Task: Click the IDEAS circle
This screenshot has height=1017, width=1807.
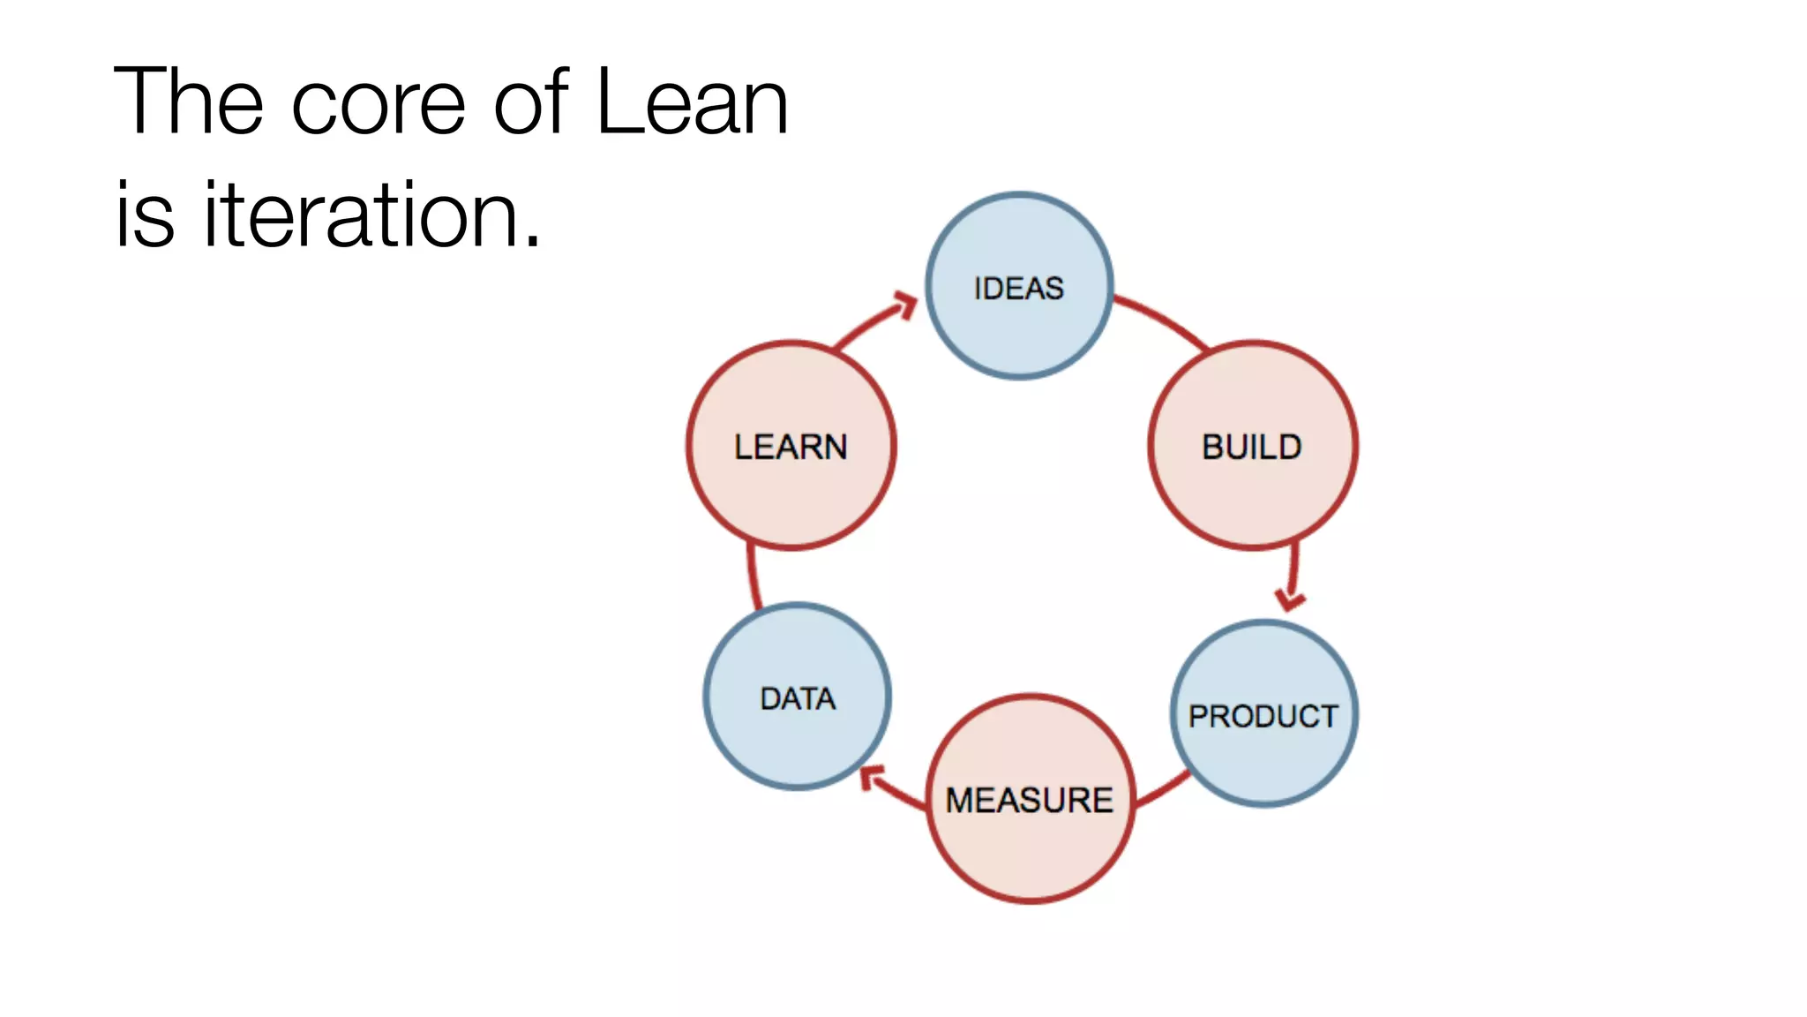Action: coord(1019,287)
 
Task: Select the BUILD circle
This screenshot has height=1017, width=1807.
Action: coord(1252,446)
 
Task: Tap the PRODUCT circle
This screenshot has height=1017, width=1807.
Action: coord(1263,714)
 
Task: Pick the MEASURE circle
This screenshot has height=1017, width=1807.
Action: coord(1030,799)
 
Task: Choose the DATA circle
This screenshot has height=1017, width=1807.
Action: coord(797,697)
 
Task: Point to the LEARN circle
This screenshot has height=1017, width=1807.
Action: coord(791,446)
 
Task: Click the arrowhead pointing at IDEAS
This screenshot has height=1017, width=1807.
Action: coord(905,305)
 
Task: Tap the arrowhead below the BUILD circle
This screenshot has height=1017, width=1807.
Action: coord(1291,600)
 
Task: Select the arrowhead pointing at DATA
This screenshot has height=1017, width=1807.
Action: coord(872,778)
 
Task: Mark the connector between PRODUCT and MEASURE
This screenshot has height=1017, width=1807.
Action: coord(1163,789)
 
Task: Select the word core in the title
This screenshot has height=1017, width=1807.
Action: coord(378,104)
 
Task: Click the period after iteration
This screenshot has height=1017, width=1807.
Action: coord(532,241)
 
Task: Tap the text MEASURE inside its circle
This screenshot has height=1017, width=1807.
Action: coord(1030,800)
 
